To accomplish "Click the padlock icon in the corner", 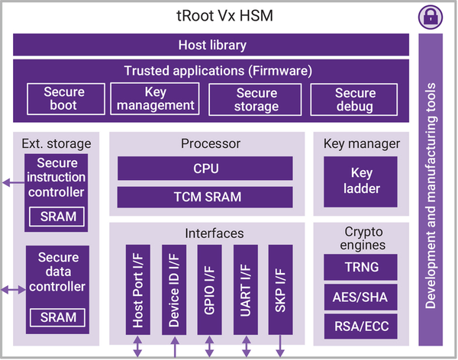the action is coord(431,17).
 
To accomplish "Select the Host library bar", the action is coord(211,45).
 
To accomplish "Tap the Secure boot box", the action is coord(66,98).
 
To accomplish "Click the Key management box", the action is coord(155,98).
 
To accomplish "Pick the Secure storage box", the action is coord(255,100).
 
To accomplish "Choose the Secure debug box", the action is coord(353,100).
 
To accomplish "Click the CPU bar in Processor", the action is coord(205,168).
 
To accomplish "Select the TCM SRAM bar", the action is coord(205,197).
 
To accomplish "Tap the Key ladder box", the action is coord(360,182).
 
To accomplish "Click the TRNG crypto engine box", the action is coord(360,267).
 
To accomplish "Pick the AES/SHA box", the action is coord(360,297).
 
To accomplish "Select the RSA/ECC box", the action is coord(360,326).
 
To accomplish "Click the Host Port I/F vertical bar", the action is coord(138,290).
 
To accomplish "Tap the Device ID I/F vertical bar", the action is coord(174,290).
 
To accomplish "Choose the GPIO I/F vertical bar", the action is coord(209,290).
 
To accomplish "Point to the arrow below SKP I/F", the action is coord(280,346).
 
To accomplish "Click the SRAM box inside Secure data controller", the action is coord(57,317).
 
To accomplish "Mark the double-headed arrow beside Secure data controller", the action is coord(14,290).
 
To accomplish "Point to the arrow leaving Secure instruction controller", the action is coord(14,183).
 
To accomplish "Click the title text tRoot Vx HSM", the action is coord(224,16).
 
